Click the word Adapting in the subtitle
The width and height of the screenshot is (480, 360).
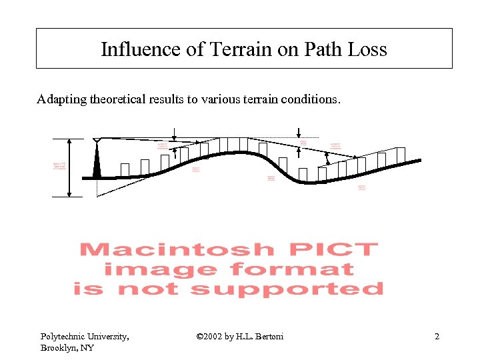click(59, 100)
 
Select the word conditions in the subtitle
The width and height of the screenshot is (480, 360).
click(313, 100)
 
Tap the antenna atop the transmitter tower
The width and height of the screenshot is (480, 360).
click(97, 140)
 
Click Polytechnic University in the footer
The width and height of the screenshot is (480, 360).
click(85, 337)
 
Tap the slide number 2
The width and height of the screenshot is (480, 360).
click(437, 337)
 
